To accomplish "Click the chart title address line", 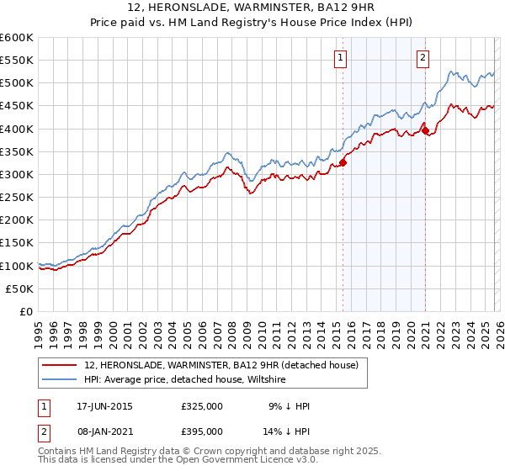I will (252, 9).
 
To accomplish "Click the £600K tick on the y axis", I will (17, 38).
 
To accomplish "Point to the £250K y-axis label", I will (17, 197).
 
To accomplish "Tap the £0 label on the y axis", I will (27, 311).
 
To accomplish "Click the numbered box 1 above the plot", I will (341, 58).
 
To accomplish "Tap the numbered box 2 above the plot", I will (423, 58).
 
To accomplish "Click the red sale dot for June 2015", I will (343, 162).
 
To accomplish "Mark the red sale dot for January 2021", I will (426, 130).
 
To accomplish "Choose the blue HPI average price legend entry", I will (185, 380).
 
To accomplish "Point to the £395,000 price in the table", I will (202, 431).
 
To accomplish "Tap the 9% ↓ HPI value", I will (290, 406).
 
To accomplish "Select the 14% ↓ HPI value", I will (290, 431).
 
